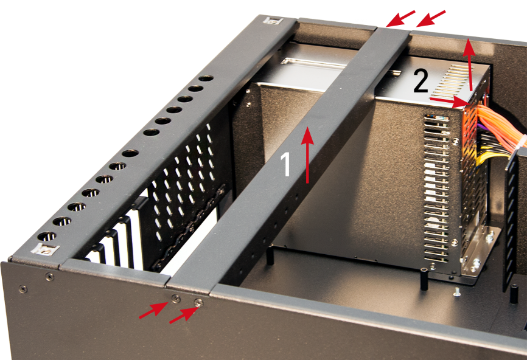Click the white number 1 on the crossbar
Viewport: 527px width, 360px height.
point(285,164)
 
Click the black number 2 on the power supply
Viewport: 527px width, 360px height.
point(421,81)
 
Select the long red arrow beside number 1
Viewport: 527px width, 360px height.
point(307,157)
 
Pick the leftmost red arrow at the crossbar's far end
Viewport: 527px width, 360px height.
point(400,18)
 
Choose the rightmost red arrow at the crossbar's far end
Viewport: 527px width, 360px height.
point(431,18)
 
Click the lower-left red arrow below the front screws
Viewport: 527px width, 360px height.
point(153,310)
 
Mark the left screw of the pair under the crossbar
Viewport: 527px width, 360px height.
point(175,298)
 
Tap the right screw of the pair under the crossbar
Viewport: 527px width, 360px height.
point(198,303)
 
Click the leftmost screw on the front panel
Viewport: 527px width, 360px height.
point(23,288)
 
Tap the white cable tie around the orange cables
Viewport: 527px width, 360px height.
point(522,143)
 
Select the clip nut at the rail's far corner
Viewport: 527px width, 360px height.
point(273,21)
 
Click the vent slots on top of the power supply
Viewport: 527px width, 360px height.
point(455,80)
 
